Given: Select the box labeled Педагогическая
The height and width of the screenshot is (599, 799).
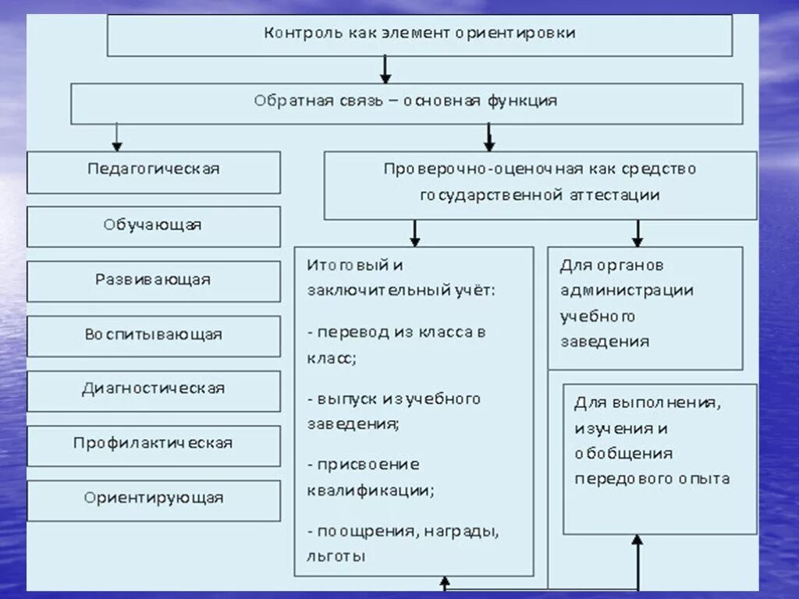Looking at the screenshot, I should (154, 170).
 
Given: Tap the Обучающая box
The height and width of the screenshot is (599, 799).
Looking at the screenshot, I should (154, 225).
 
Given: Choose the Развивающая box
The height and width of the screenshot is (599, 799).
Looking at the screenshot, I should (154, 280).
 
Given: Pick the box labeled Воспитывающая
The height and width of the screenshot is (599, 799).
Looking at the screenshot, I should (154, 335).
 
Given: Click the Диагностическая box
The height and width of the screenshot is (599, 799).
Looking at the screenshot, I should (154, 389).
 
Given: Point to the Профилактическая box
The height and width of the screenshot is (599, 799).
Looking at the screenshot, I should (154, 444).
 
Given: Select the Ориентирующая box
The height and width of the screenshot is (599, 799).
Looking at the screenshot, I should (154, 498).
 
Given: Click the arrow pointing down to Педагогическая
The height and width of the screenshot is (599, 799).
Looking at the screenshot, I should (117, 137).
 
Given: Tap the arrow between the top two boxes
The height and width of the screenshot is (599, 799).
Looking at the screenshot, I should (385, 69).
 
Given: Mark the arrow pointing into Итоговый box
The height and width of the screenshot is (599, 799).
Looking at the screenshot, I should (415, 232).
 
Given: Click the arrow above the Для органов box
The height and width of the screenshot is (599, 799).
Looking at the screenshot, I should (637, 232).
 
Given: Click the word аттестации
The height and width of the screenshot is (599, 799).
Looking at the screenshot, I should (612, 196).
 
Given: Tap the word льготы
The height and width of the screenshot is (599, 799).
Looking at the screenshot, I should (336, 557).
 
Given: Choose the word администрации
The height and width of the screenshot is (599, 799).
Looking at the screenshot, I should (627, 291).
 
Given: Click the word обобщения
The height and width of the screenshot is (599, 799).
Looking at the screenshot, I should (623, 454).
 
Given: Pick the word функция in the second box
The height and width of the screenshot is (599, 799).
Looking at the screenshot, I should (523, 101).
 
